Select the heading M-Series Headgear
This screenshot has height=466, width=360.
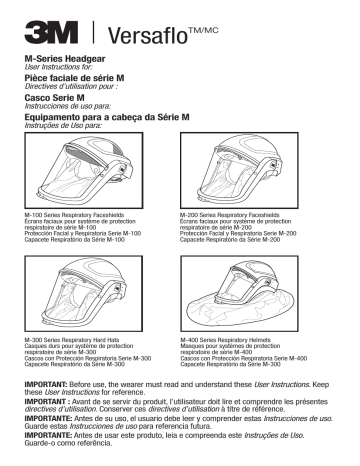click(66, 62)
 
